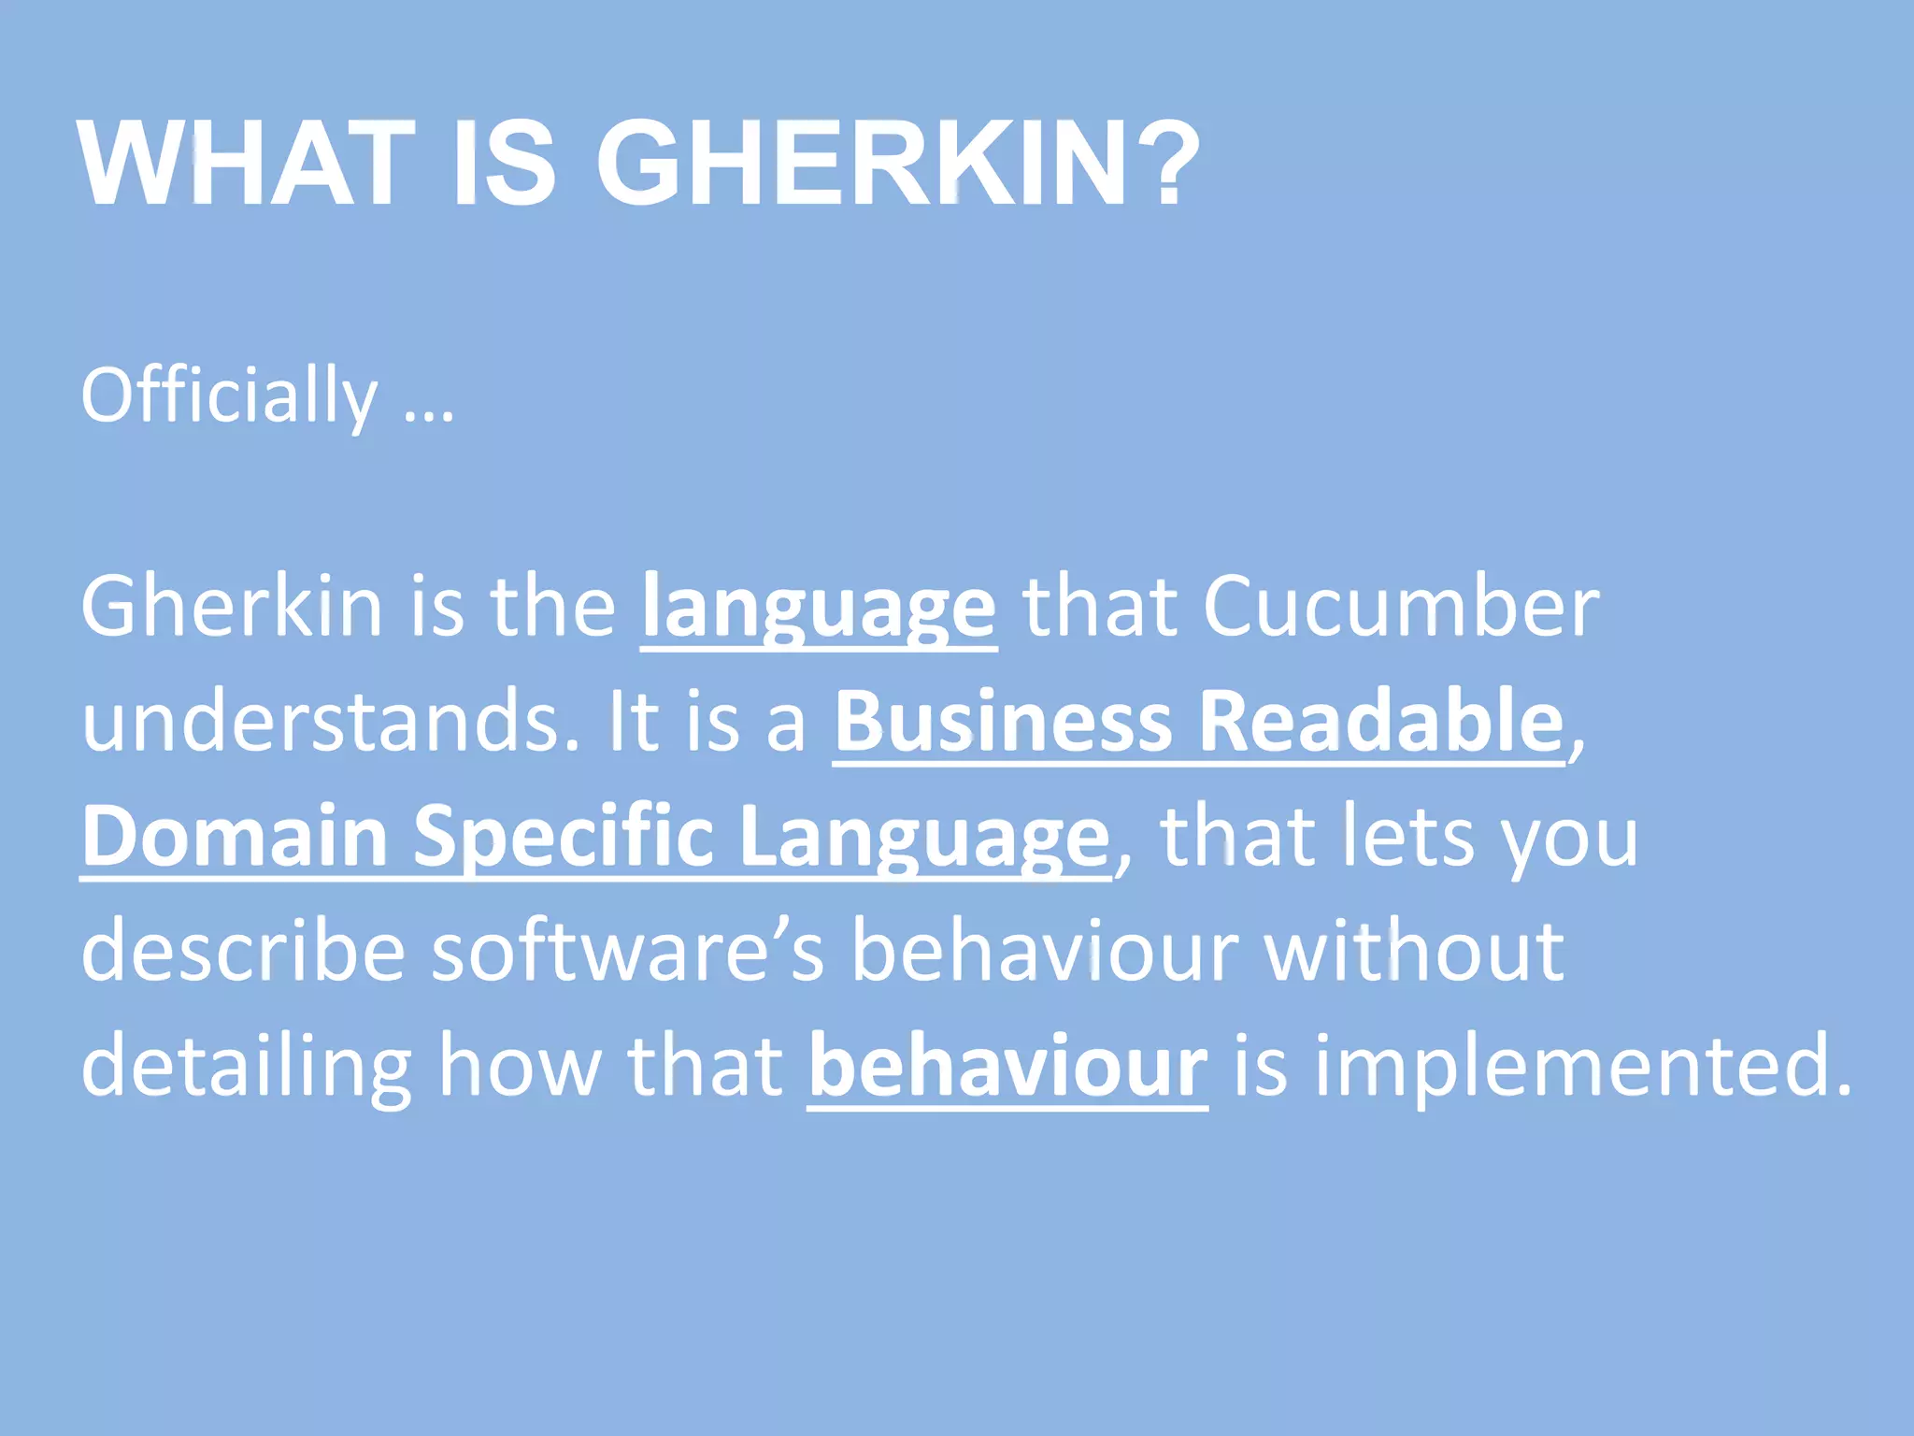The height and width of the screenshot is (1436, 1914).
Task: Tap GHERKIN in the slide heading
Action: (860, 164)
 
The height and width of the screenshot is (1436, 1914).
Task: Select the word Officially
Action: (230, 396)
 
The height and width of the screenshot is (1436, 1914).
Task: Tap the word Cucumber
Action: (1401, 608)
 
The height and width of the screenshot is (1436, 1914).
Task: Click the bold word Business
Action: (1003, 723)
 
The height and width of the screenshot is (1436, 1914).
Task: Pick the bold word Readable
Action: (1381, 721)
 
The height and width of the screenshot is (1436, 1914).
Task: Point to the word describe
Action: (243, 951)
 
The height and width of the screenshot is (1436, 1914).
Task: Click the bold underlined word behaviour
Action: (1007, 1066)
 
